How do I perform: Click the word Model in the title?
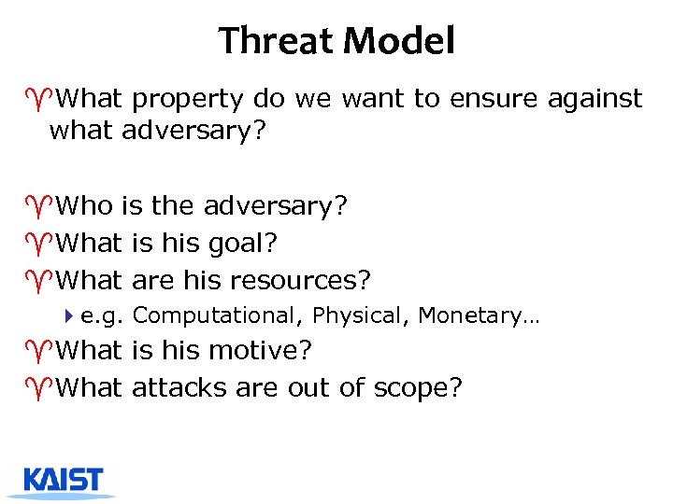tap(399, 41)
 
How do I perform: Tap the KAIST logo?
tap(64, 480)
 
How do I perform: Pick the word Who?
tap(85, 206)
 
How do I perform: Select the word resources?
tap(300, 279)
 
